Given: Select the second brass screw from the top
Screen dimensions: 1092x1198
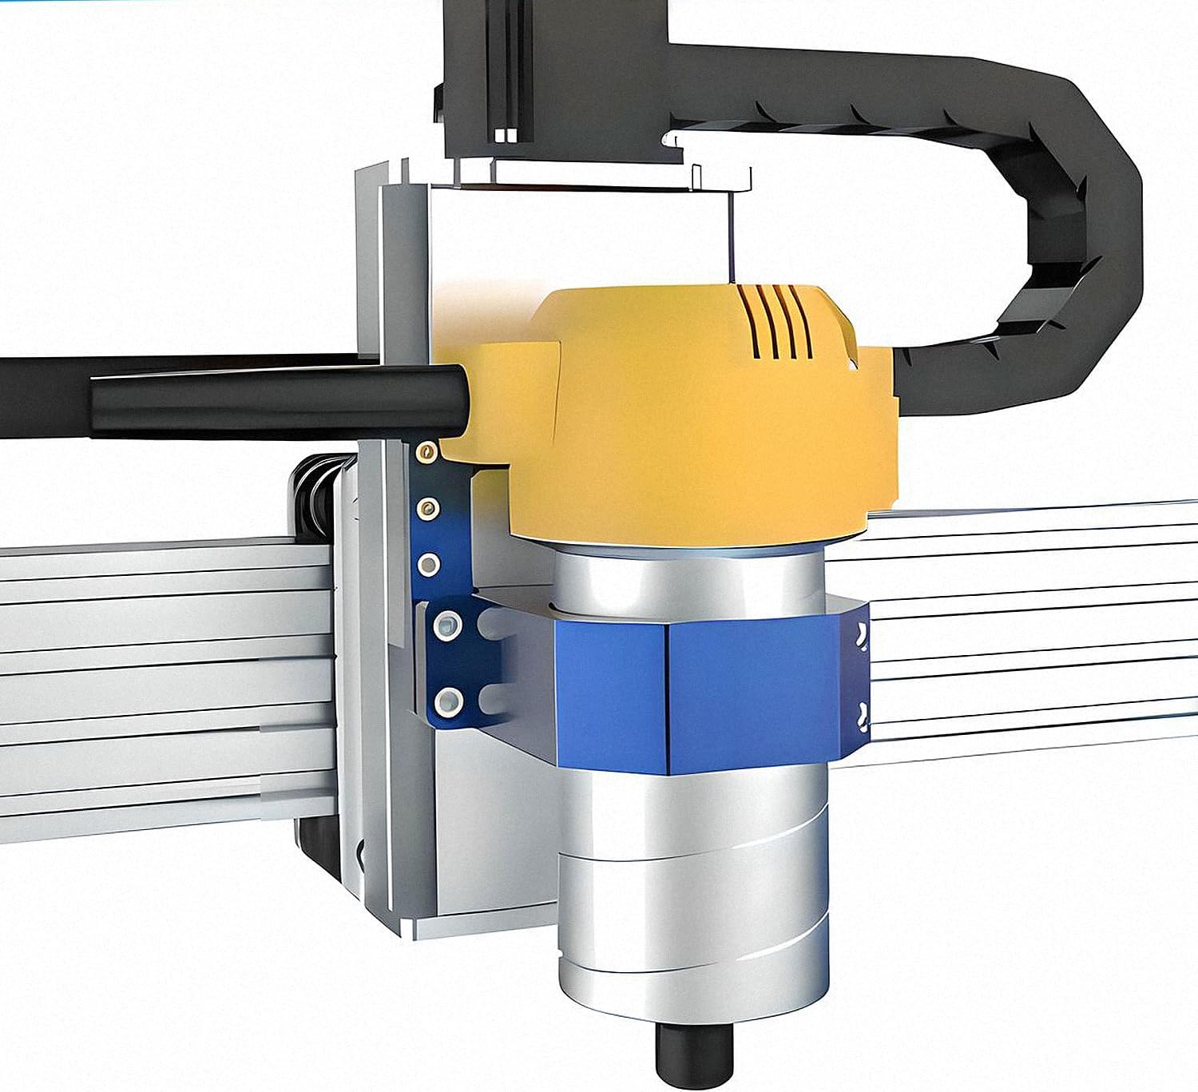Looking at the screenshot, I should (430, 506).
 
